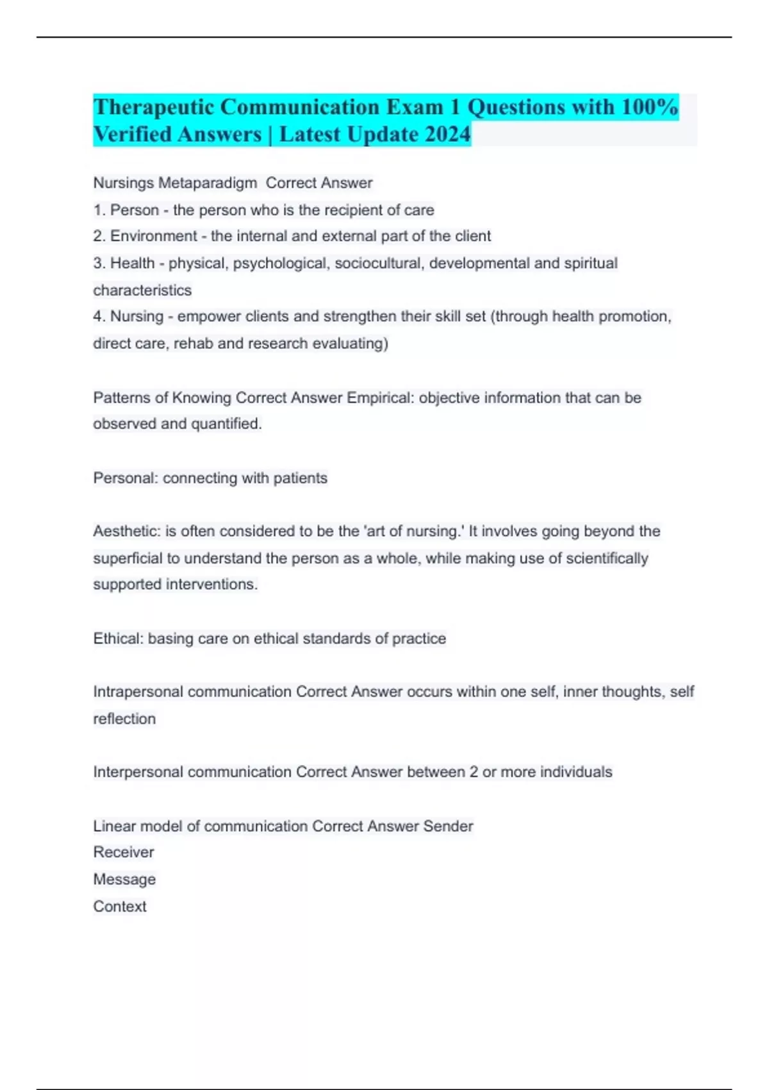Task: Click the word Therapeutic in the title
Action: (153, 107)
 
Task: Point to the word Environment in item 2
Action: (154, 236)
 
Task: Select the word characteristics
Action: (142, 290)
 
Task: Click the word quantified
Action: (226, 424)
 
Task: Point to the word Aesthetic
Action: (127, 531)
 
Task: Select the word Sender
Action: (448, 826)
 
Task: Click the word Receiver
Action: (124, 852)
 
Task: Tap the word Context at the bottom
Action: (120, 907)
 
